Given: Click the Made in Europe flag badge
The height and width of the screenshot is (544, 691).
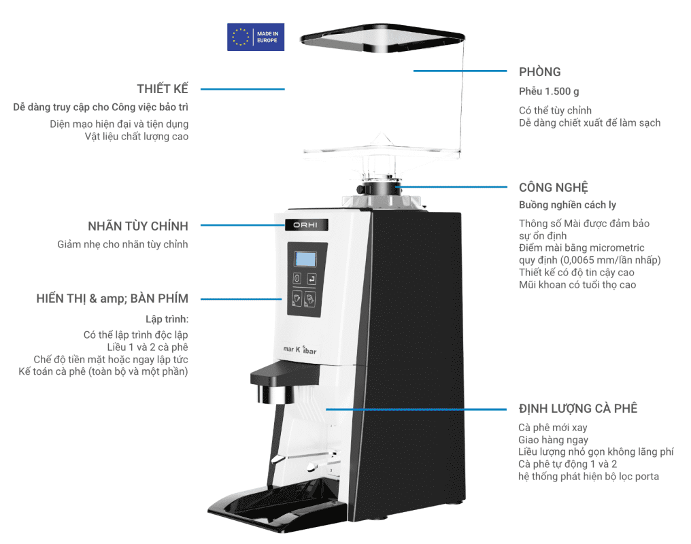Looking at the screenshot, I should [x=255, y=37].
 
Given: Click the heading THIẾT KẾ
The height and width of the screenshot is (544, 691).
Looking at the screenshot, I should [x=162, y=89].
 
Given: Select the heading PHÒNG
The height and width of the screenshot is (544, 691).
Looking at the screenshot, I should [x=539, y=72].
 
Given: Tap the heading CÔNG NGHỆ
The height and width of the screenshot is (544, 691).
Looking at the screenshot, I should [x=553, y=187].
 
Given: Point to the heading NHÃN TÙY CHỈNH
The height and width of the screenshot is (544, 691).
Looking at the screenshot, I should [x=137, y=226].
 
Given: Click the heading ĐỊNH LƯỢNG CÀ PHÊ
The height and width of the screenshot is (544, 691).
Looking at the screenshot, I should [x=577, y=408].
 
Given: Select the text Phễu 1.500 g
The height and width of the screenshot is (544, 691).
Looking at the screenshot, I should [x=549, y=92].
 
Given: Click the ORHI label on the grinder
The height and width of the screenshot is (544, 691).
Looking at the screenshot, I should [x=305, y=225].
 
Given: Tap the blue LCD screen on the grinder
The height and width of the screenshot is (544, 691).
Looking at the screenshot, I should [x=305, y=259].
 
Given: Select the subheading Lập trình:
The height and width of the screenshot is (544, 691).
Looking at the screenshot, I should [x=167, y=318].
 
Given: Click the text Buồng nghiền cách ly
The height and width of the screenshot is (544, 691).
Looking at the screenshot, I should [x=567, y=205].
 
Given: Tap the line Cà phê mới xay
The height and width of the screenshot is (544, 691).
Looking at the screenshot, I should [x=552, y=428].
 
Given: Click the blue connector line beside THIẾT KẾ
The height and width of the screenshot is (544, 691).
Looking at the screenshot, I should [x=242, y=89].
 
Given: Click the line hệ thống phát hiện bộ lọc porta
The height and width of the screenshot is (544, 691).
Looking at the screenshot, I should [x=588, y=476].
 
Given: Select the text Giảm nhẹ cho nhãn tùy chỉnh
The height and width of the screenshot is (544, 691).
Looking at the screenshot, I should [x=122, y=244].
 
